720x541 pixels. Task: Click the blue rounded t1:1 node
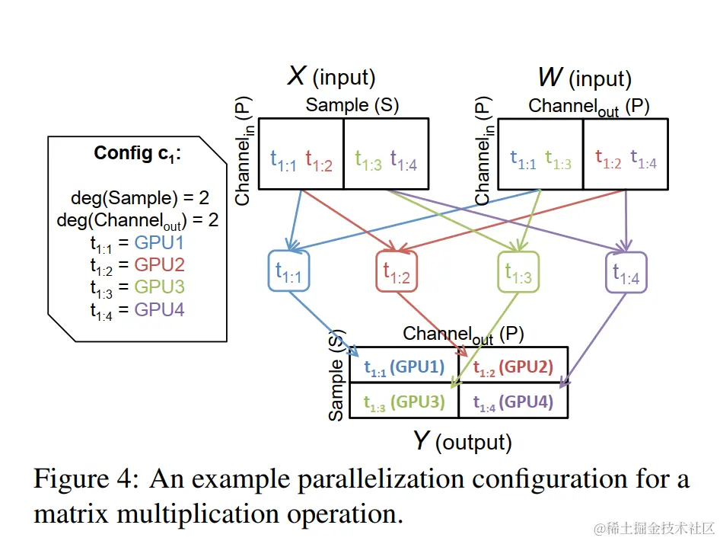coord(289,272)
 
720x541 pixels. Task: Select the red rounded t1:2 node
coord(397,272)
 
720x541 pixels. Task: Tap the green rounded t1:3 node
coord(518,272)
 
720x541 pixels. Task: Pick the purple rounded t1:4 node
coord(626,272)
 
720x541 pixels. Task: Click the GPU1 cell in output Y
coord(404,368)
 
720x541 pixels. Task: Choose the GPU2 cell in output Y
coord(514,368)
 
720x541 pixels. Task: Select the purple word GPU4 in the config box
coord(159,309)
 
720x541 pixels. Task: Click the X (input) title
coord(331,76)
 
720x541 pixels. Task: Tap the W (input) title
coord(585,78)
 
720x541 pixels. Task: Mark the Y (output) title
coord(462,441)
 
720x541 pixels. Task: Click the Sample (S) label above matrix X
coord(352,105)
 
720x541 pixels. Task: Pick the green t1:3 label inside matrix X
coord(368,159)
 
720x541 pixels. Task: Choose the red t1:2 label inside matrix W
coord(609,159)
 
